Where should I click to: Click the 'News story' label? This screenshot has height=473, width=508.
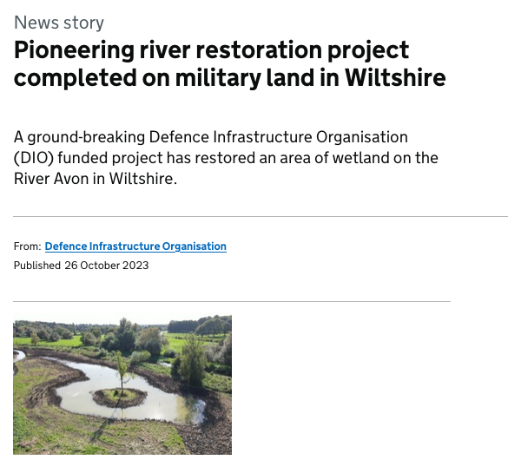tap(59, 23)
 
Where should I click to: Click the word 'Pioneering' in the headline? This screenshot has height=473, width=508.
tap(74, 51)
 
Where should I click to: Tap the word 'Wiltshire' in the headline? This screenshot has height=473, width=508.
tap(395, 78)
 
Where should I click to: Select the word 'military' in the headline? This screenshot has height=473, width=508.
tap(218, 79)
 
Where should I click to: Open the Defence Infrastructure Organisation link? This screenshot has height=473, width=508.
tap(135, 246)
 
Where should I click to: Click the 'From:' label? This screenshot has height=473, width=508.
tap(28, 246)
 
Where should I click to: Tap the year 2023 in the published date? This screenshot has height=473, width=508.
tap(135, 266)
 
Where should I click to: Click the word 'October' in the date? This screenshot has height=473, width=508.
tap(100, 266)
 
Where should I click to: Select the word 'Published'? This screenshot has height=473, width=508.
tap(37, 266)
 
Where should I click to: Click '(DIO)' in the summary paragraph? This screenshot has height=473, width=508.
tap(34, 158)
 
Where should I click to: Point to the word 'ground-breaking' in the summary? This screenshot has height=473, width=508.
tap(86, 138)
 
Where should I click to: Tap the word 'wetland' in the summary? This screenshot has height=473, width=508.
tap(360, 158)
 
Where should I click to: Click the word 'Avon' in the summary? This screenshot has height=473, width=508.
tap(71, 179)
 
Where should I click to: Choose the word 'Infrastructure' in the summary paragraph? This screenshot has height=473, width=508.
tap(262, 137)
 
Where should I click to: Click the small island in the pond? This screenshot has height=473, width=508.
tap(119, 397)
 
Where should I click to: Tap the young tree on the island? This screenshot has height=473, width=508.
tap(122, 372)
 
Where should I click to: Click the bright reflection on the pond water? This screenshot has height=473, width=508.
tap(191, 410)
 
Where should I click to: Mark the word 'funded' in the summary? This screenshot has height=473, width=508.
tap(83, 158)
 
